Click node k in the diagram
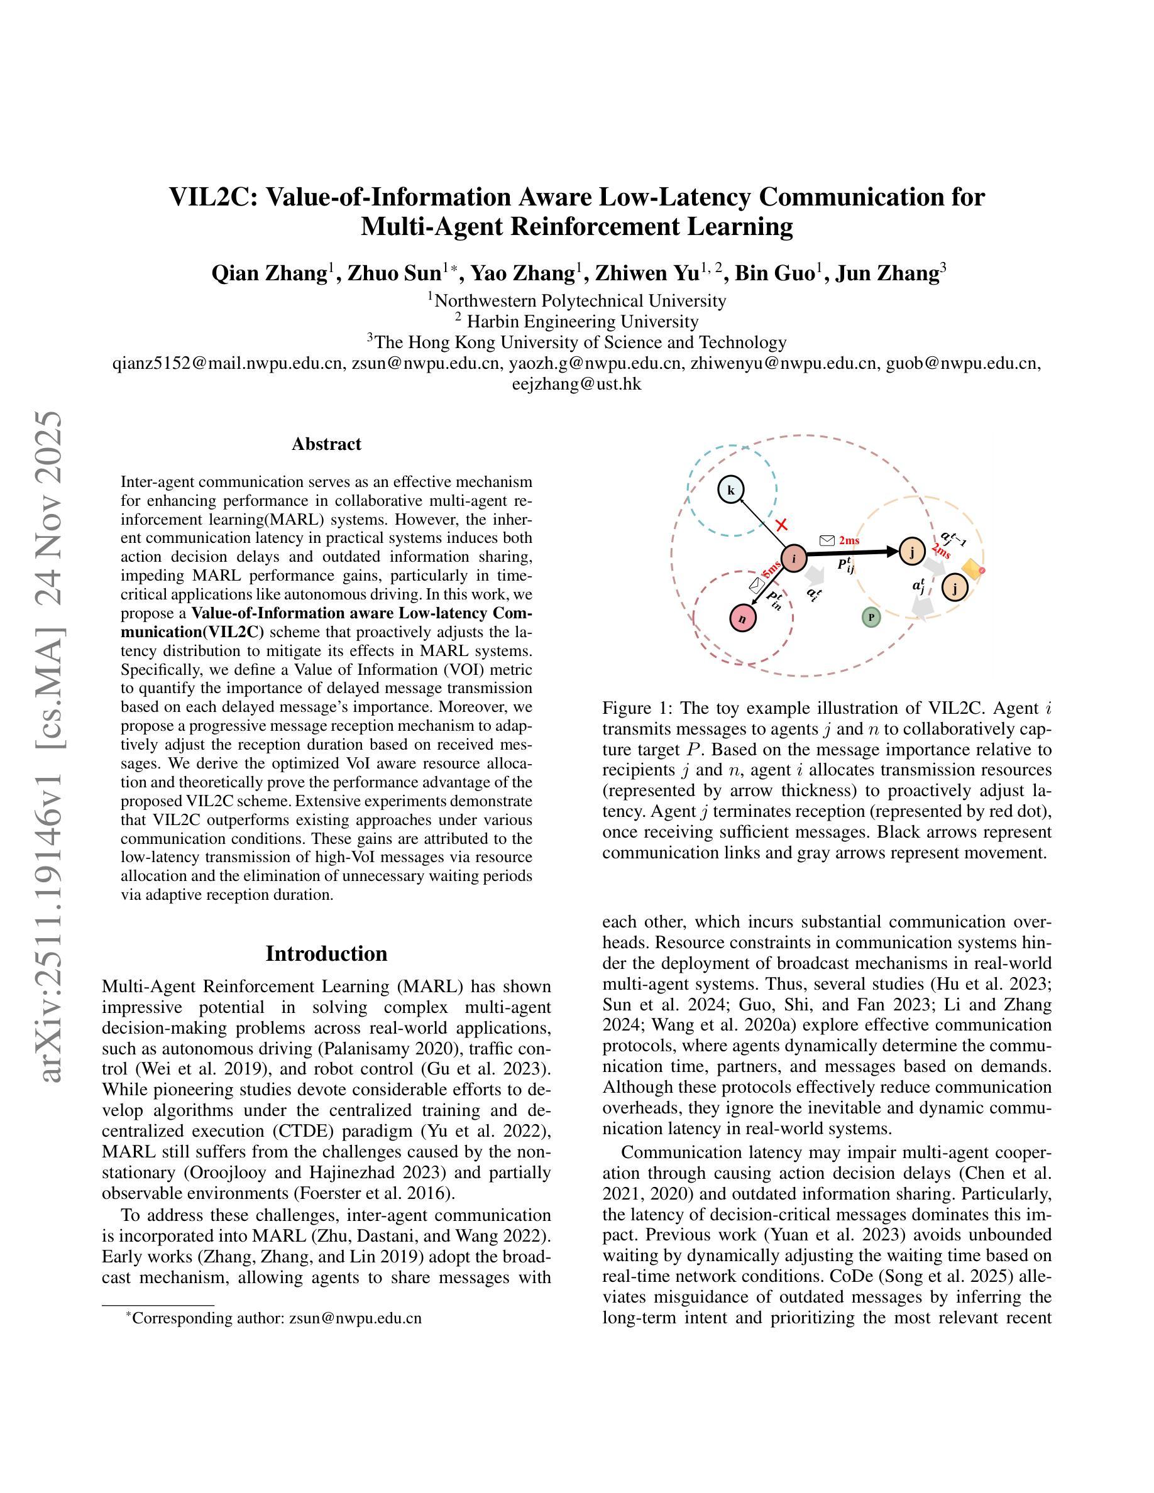pyautogui.click(x=731, y=489)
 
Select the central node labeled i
pyautogui.click(x=794, y=559)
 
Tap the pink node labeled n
pyautogui.click(x=743, y=618)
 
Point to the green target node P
pyautogui.click(x=871, y=618)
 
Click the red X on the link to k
pyautogui.click(x=781, y=525)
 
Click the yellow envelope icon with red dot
pyautogui.click(x=973, y=568)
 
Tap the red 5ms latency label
pyautogui.click(x=771, y=569)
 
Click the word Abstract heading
pyautogui.click(x=326, y=444)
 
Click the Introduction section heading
pyautogui.click(x=326, y=953)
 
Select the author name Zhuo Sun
pyautogui.click(x=395, y=273)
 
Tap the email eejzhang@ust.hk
pyautogui.click(x=576, y=384)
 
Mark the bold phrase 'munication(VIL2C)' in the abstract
pyautogui.click(x=192, y=631)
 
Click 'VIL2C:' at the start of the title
pyautogui.click(x=212, y=197)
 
